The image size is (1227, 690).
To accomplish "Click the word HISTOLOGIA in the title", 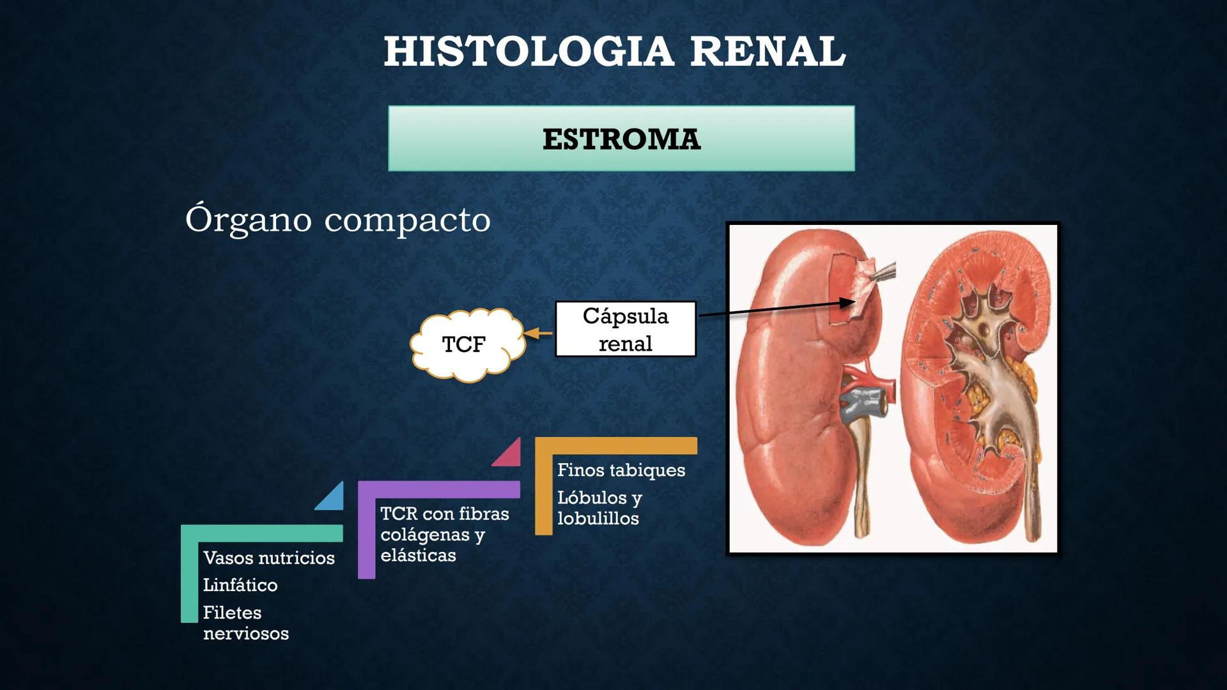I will click(529, 51).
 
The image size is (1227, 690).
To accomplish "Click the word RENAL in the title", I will click(768, 51).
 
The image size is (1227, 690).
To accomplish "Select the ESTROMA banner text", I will click(621, 139).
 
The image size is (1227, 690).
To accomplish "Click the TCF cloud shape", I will click(465, 344).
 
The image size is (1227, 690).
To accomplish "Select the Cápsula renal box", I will click(625, 330).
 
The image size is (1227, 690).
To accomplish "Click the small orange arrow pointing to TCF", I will click(538, 333).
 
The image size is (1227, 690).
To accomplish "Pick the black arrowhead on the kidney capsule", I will click(847, 303).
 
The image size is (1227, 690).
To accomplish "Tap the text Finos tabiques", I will click(621, 470).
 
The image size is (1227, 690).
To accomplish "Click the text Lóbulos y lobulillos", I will click(599, 508).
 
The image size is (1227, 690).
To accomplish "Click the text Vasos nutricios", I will click(268, 558).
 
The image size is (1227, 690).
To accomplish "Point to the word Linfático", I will click(240, 585).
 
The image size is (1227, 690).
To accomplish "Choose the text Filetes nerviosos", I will click(245, 623).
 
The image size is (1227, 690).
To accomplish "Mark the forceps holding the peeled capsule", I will click(885, 272).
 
